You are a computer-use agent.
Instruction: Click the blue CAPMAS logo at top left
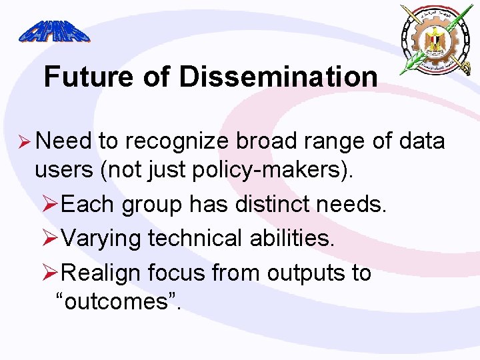[53, 31]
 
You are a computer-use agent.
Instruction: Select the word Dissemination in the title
[277, 77]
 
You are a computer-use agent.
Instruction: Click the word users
[64, 171]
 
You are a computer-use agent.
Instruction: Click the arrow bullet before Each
[51, 204]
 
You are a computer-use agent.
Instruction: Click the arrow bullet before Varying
[51, 238]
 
